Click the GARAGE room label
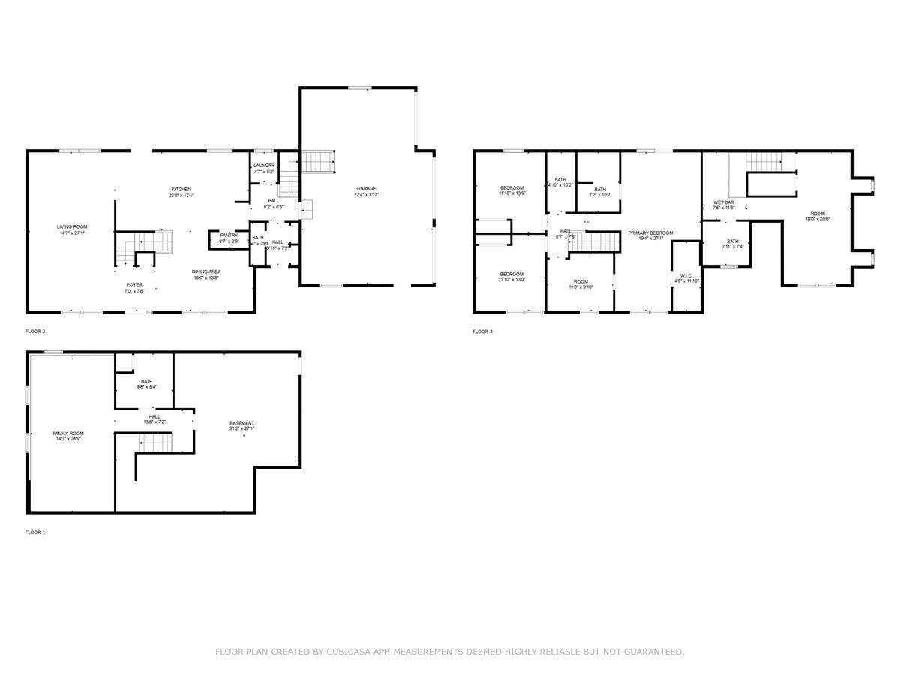pyautogui.click(x=366, y=188)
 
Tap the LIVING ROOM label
pyautogui.click(x=72, y=226)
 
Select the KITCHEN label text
pyautogui.click(x=181, y=189)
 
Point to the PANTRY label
pyautogui.click(x=229, y=235)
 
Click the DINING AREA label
pyautogui.click(x=205, y=271)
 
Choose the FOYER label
pyautogui.click(x=134, y=285)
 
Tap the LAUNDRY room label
pyautogui.click(x=264, y=165)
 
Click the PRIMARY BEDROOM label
pyautogui.click(x=650, y=232)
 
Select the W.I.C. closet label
pyautogui.click(x=685, y=275)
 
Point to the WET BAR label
pyautogui.click(x=723, y=202)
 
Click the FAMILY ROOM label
pyautogui.click(x=67, y=433)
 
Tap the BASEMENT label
pyautogui.click(x=241, y=423)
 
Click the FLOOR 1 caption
pyautogui.click(x=35, y=532)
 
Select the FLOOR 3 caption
pyautogui.click(x=482, y=331)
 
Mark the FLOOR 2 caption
pyautogui.click(x=35, y=331)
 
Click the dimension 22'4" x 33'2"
pyautogui.click(x=366, y=195)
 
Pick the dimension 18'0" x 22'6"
pyautogui.click(x=817, y=219)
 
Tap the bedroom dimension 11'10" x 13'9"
pyautogui.click(x=511, y=193)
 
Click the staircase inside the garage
pyautogui.click(x=317, y=160)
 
